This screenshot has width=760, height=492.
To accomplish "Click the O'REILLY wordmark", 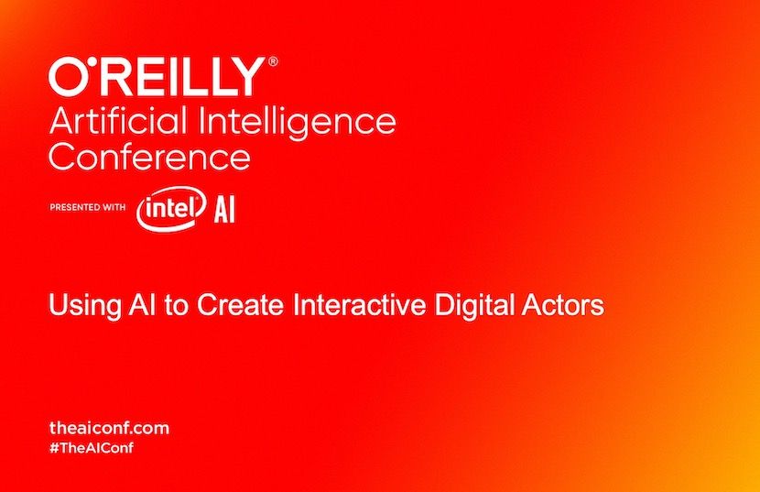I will coord(157,78).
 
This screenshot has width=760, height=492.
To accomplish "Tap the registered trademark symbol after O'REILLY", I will coord(273,63).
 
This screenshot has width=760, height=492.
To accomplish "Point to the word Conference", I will coord(149,157).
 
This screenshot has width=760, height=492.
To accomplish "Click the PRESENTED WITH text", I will coord(87,207).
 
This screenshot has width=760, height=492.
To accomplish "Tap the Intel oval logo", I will coord(169,210).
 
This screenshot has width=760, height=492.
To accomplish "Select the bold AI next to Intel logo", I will coord(224,211).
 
